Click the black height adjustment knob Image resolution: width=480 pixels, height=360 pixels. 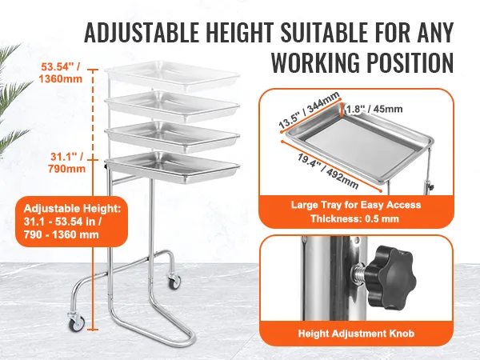pos(388,275)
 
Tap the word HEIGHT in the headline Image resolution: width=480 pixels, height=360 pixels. pos(238,33)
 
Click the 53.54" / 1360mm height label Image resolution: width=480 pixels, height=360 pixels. pos(61,73)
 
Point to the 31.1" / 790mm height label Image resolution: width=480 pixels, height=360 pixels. pos(67,162)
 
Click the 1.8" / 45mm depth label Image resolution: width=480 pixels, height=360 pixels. pos(374,109)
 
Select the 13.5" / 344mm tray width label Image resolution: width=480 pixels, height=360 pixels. pos(309,110)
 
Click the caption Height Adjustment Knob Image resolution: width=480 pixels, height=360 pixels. pos(356,333)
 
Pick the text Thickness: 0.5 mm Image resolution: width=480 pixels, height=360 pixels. pos(354,218)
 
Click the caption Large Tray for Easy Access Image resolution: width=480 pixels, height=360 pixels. pos(356,205)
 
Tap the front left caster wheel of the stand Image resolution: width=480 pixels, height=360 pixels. pos(77,322)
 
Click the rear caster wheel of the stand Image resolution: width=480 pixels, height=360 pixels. pos(173,282)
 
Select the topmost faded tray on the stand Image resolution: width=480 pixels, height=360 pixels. pos(172,75)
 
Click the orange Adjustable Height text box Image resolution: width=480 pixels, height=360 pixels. pos(72,222)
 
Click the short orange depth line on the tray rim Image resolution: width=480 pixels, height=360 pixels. pos(342,110)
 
